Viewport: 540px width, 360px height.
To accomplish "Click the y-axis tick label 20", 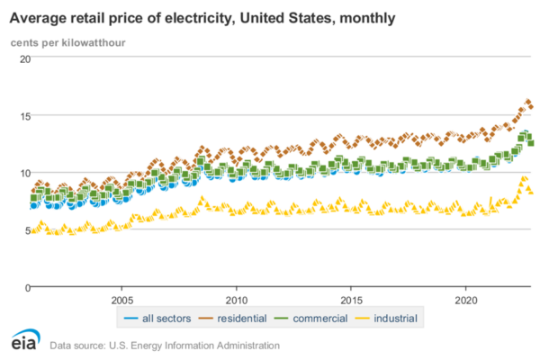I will pyautogui.click(x=25, y=58).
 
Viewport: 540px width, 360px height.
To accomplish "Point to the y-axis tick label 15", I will pyautogui.click(x=25, y=115).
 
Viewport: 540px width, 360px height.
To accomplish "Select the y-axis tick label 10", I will pyautogui.click(x=25, y=173).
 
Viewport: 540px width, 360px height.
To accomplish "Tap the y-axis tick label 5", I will pyautogui.click(x=27, y=229).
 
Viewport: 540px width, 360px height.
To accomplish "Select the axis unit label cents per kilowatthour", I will pyautogui.click(x=67, y=41).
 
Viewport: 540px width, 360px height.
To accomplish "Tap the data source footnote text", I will pyautogui.click(x=165, y=345).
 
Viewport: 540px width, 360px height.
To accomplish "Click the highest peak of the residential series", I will pyautogui.click(x=527, y=102).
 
